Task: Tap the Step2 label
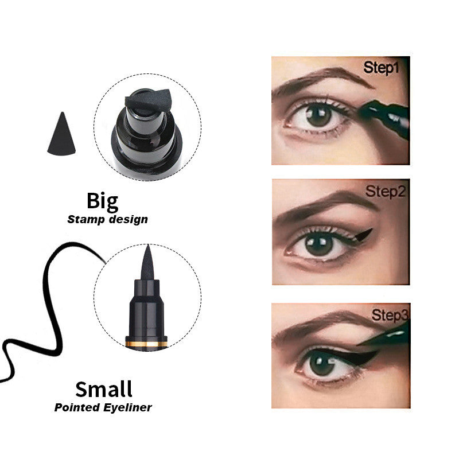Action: [386, 192]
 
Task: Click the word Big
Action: [102, 201]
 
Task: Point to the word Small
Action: [104, 389]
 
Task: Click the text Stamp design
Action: [107, 219]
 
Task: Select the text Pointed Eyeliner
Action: [103, 408]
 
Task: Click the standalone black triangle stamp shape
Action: [61, 135]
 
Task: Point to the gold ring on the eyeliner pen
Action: [147, 343]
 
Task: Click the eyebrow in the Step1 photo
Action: [321, 80]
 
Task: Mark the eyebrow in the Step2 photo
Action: [324, 206]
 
